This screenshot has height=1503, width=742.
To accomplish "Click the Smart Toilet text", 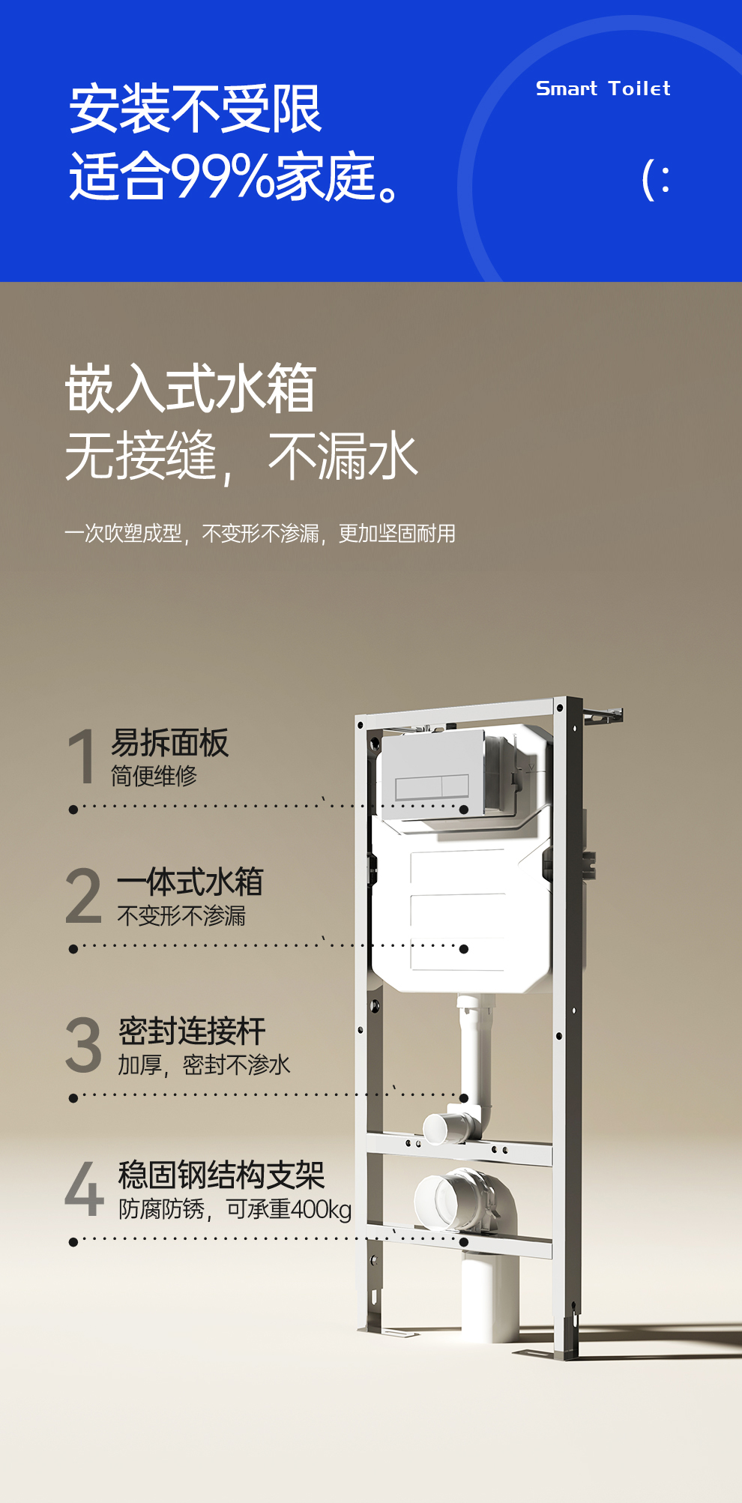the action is (x=603, y=88).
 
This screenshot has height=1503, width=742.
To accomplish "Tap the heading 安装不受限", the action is (x=195, y=109).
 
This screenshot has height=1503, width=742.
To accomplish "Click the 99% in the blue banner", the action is (x=223, y=177).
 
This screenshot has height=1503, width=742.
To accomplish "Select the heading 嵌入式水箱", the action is (x=190, y=388).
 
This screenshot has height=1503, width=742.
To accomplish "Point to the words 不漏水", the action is (x=343, y=456).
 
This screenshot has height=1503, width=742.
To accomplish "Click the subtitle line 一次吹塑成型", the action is (x=123, y=534).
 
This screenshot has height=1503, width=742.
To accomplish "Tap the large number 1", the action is (x=81, y=757).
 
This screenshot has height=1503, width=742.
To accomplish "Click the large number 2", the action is (x=83, y=896).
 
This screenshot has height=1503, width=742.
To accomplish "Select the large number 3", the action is (x=83, y=1045).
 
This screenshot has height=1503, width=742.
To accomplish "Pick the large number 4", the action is (x=84, y=1188).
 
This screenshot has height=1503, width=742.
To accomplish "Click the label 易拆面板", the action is (x=169, y=743).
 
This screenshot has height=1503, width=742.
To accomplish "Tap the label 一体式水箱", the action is (x=190, y=882).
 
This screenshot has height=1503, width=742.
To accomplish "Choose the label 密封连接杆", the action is (x=192, y=1031).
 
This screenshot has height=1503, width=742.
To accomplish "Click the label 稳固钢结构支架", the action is (x=221, y=1175).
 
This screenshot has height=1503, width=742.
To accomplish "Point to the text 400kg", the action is (x=321, y=1209).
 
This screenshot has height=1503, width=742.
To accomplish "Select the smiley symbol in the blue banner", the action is (x=656, y=181).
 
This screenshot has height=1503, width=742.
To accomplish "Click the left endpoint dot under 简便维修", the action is (x=73, y=810).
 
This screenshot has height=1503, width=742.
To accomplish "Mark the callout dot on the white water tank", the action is (x=464, y=949).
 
